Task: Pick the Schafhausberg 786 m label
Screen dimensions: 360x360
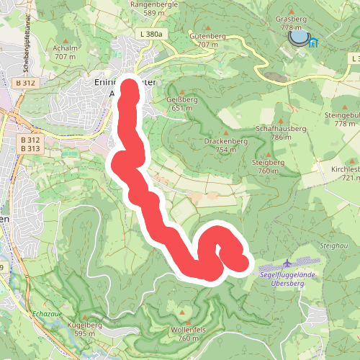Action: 281,132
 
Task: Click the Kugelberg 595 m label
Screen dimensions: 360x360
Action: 84,329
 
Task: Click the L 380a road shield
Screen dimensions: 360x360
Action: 152,34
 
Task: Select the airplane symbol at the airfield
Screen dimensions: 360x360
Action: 289,263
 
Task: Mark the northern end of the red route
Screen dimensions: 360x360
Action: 130,89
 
